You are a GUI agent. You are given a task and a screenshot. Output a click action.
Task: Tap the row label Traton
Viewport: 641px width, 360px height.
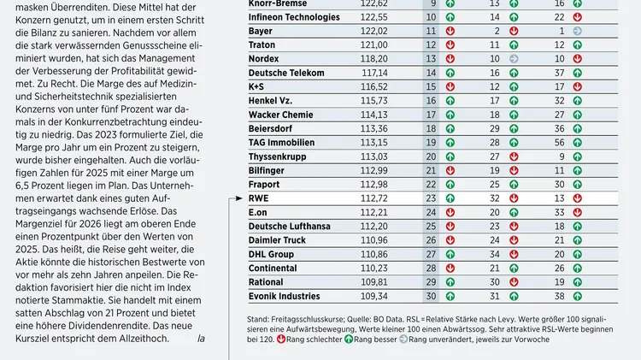[263, 44]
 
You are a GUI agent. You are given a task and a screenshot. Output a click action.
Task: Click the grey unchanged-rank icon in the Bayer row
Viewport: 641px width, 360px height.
[579, 31]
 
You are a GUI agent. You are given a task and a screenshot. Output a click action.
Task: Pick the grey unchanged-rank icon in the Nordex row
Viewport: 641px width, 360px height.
[514, 58]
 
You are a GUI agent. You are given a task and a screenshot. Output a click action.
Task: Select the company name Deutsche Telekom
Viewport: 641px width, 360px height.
[289, 73]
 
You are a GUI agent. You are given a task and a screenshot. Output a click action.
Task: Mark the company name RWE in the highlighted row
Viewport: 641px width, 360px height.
[259, 198]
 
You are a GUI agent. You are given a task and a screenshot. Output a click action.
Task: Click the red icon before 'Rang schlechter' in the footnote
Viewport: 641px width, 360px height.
[265, 339]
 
